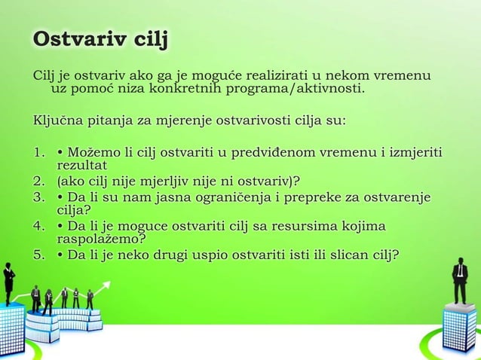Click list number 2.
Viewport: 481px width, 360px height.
coord(38,181)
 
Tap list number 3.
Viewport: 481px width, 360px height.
coord(38,197)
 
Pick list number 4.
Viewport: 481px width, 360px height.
coord(38,226)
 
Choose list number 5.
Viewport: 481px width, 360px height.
coord(38,255)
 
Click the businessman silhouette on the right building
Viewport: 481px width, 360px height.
coord(459,280)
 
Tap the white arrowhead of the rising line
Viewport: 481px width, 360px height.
coord(106,285)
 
